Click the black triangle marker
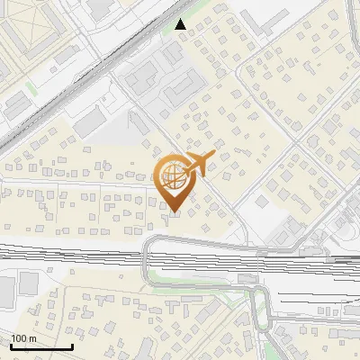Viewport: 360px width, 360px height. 182,24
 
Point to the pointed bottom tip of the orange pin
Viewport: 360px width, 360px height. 175,212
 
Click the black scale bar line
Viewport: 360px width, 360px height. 41,347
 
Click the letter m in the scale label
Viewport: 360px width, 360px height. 33,338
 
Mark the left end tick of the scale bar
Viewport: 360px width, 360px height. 11,346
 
